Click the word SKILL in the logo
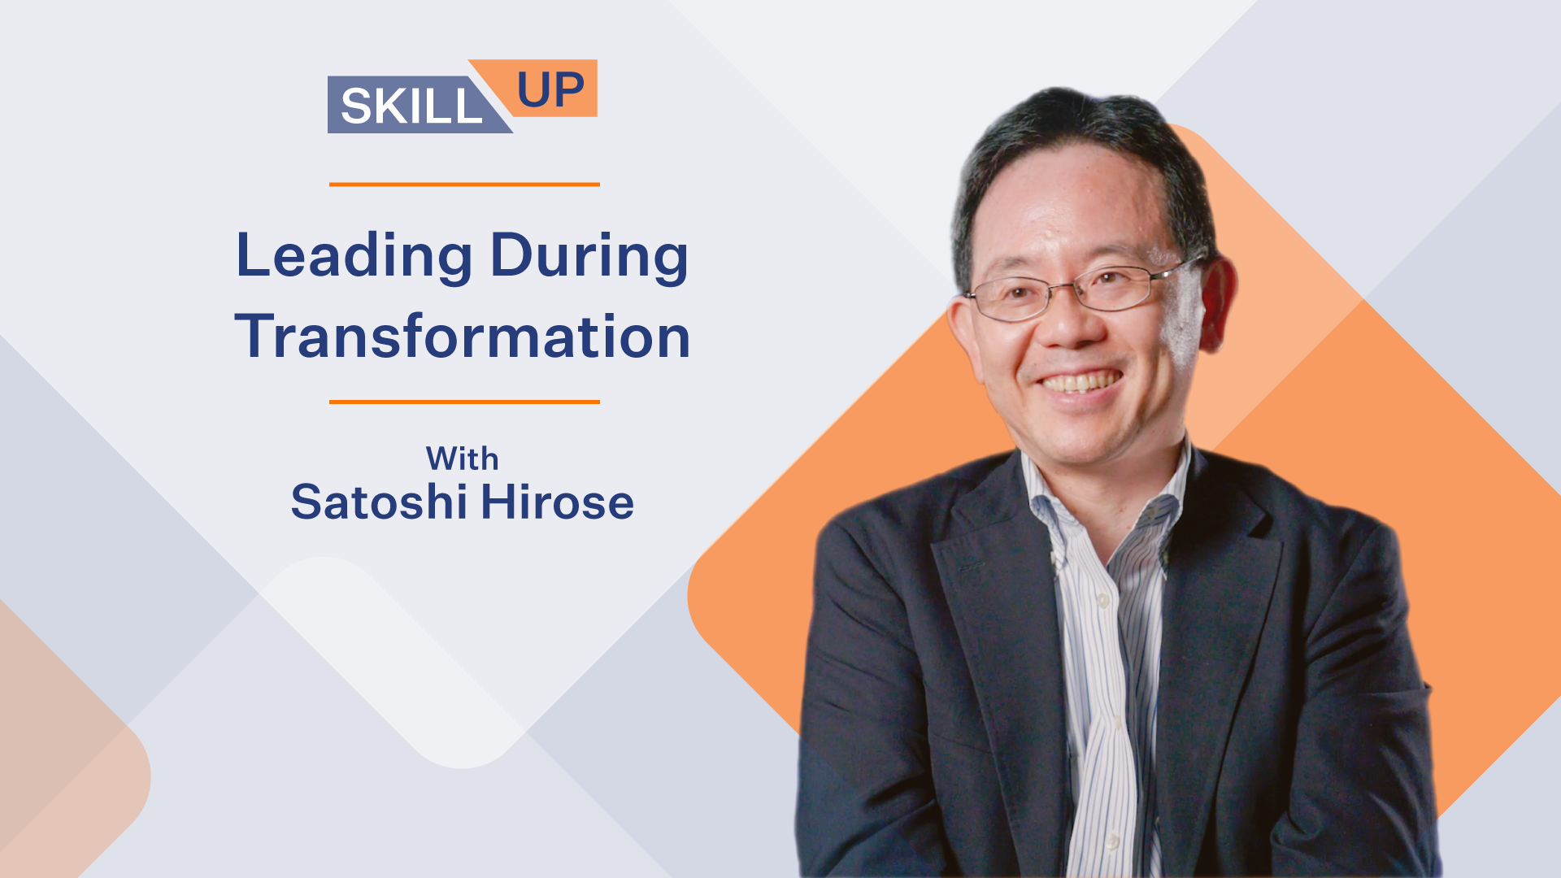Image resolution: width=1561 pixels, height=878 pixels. pyautogui.click(x=411, y=106)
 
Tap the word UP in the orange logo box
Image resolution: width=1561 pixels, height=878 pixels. pyautogui.click(x=550, y=89)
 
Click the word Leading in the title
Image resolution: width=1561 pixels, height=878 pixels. pyautogui.click(x=354, y=257)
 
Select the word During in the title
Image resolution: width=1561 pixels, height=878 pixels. pyautogui.click(x=589, y=257)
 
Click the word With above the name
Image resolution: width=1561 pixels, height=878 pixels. pyautogui.click(x=462, y=459)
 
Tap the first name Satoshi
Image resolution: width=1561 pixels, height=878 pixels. pyautogui.click(x=377, y=502)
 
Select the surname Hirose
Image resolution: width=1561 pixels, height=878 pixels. pyautogui.click(x=557, y=502)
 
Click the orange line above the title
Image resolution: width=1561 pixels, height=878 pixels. pyautogui.click(x=464, y=185)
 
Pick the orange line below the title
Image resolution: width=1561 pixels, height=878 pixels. pyautogui.click(x=464, y=402)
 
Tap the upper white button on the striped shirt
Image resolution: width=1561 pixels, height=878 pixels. pyautogui.click(x=1103, y=601)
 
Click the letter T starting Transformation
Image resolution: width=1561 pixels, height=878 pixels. pyautogui.click(x=254, y=335)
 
